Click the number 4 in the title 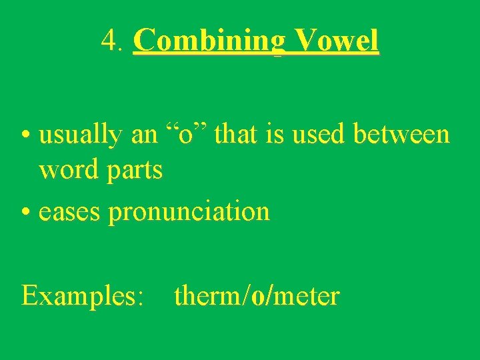pos(109,41)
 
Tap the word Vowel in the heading pos(337,41)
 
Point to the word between pos(401,134)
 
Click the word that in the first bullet pos(239,135)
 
